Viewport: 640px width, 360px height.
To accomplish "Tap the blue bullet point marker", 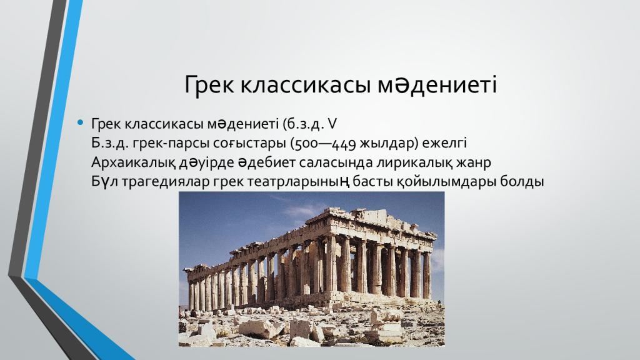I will (79, 121).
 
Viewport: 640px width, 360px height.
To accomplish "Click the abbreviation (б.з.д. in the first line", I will (302, 122).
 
